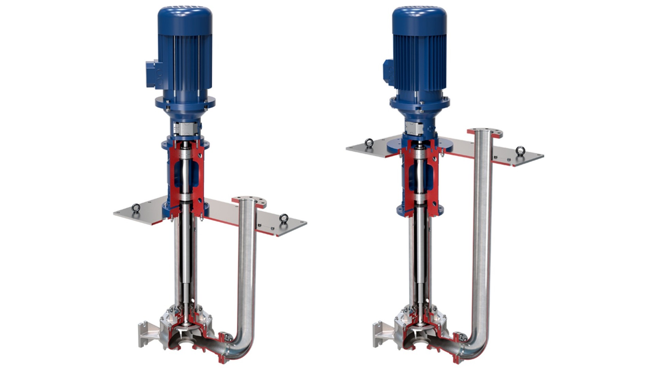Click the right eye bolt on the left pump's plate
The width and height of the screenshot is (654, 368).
284,218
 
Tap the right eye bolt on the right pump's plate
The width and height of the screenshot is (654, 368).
520,151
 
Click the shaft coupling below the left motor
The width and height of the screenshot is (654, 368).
186,129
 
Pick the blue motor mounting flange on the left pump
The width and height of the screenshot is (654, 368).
185,102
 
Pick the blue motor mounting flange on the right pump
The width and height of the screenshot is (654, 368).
419,101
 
